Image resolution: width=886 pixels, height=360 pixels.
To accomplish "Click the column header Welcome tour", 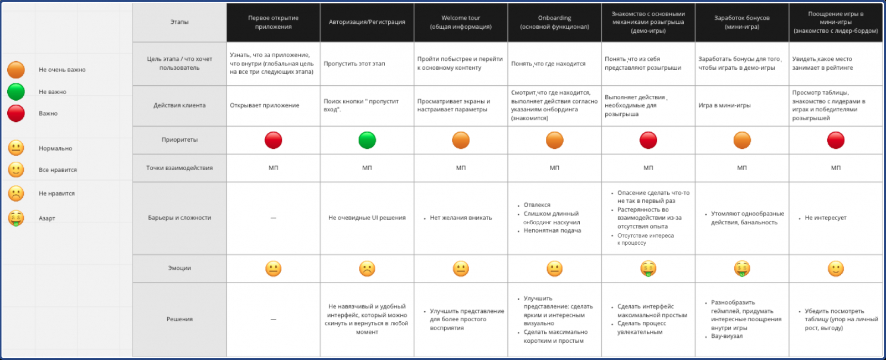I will (x=461, y=22).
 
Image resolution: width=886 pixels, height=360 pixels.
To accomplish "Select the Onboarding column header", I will (x=554, y=22).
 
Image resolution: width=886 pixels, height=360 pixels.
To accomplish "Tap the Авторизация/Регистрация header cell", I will (x=367, y=22).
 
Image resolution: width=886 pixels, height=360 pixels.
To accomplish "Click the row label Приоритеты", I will (x=179, y=140).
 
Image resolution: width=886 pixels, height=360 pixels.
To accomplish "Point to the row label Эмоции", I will (x=179, y=268).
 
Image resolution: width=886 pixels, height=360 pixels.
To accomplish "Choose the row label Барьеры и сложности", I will (x=179, y=218).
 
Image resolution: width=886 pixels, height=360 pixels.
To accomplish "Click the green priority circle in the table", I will (x=367, y=140).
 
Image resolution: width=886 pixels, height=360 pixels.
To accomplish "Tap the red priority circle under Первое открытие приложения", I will (x=273, y=140).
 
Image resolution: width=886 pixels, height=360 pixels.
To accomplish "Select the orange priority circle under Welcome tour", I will (x=461, y=140).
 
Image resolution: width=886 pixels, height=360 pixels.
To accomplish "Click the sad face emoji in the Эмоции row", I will (x=367, y=269).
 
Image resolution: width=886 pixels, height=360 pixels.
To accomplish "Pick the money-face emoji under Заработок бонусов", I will (x=742, y=269).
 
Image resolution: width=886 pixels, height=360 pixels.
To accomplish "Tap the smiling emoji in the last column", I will (x=836, y=269).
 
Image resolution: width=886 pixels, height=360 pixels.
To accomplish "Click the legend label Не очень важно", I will (x=62, y=70).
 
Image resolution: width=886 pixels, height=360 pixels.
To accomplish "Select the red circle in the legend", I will (x=16, y=113).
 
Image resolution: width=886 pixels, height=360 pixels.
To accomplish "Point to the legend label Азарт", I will (x=47, y=218).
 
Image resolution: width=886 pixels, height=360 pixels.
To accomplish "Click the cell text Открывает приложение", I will (x=265, y=105).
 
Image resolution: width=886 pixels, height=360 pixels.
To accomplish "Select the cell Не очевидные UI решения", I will (x=367, y=218).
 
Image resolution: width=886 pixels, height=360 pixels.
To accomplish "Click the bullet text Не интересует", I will (x=825, y=218).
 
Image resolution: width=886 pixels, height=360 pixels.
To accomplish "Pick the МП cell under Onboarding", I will (x=554, y=168).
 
